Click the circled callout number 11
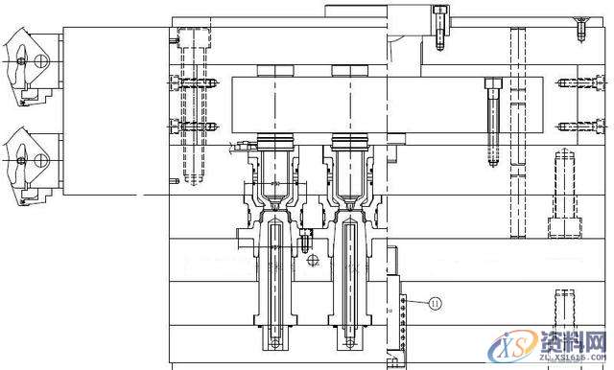click(434, 304)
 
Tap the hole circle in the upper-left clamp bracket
click(39, 60)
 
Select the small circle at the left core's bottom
click(276, 342)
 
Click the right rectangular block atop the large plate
click(347, 70)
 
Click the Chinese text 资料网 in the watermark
click(572, 341)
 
